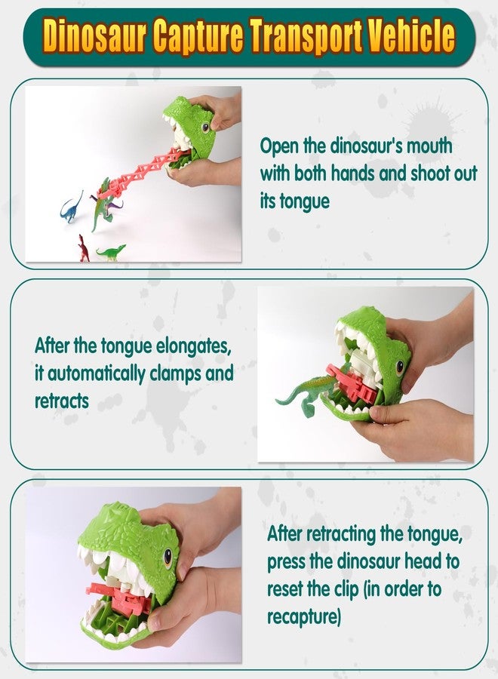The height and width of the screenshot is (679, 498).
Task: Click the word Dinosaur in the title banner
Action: [96, 36]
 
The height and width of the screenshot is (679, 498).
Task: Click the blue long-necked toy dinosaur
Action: [72, 206]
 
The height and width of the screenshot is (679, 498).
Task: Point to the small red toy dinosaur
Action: [83, 248]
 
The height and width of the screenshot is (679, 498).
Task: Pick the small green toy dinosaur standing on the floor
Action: [112, 253]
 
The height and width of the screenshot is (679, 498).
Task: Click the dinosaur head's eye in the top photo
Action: [205, 128]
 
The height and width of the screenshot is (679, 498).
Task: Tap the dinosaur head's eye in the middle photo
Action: [400, 367]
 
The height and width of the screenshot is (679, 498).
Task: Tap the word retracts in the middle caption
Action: [61, 401]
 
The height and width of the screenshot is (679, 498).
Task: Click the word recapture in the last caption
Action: [304, 616]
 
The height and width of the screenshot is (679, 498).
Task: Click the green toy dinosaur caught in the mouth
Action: [307, 394]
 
